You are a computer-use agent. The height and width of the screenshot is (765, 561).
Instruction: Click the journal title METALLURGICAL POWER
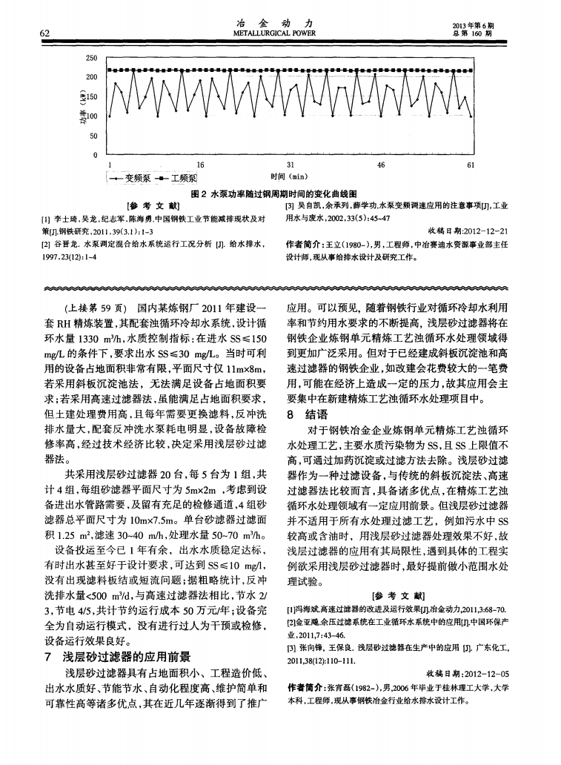tap(279, 34)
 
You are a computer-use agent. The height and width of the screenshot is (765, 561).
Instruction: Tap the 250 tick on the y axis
tap(91, 58)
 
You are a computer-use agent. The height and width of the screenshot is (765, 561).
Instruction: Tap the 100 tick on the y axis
tap(92, 116)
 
